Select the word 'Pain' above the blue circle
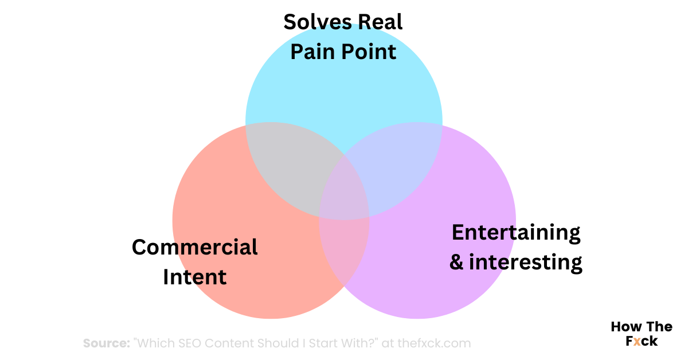tap(314, 52)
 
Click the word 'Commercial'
tap(195, 248)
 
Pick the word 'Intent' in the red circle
tap(195, 277)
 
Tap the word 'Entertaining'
tap(516, 233)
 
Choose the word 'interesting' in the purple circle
tap(525, 262)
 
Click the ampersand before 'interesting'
tap(456, 263)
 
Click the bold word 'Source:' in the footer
tap(106, 343)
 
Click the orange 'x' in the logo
tap(638, 341)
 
